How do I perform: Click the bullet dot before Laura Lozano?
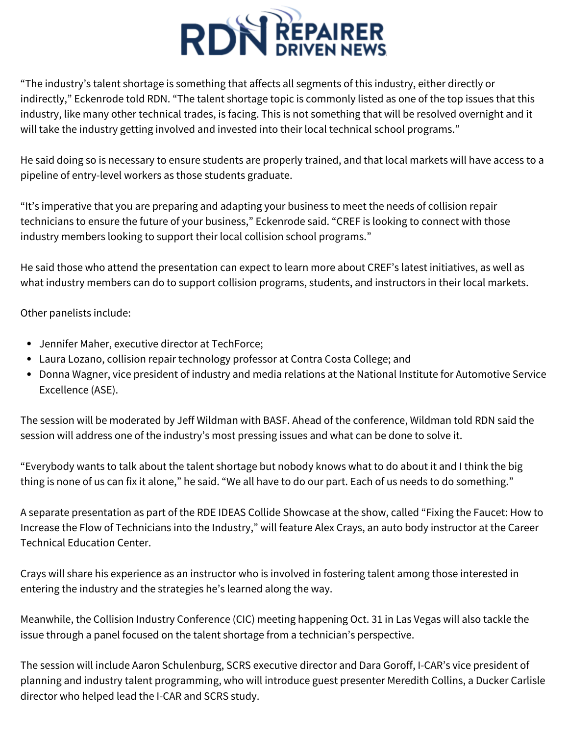click(29, 360)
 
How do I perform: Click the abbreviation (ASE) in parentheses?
click(104, 390)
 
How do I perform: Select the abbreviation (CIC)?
click(244, 619)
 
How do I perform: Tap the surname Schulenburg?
click(192, 665)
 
